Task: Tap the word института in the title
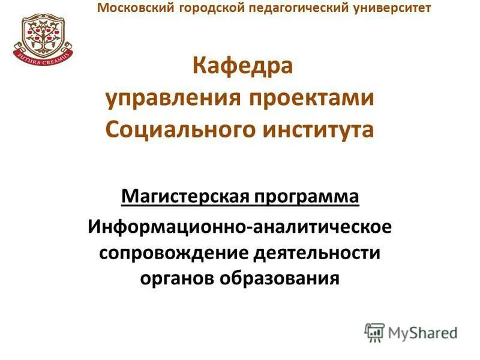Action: pos(318,130)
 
